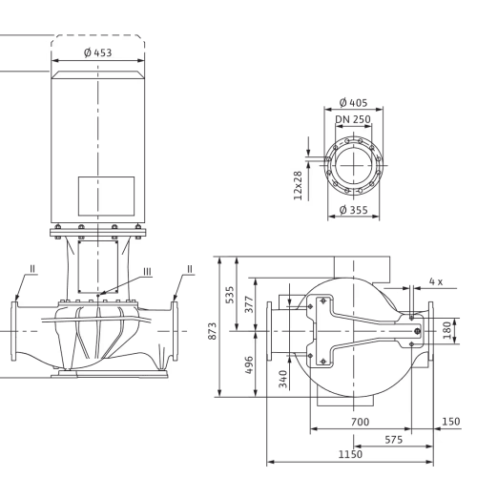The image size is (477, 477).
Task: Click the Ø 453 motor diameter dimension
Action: point(98,52)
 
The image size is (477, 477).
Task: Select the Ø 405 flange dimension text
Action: point(353,103)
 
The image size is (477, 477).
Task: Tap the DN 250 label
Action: point(353,119)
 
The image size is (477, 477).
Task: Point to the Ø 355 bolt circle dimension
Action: point(353,210)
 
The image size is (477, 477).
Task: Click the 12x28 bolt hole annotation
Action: point(298,186)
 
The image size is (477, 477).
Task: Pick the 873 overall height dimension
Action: point(212,331)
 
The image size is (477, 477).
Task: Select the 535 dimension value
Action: point(230,295)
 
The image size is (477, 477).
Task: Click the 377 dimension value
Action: point(249,304)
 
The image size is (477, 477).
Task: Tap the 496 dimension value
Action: point(249,364)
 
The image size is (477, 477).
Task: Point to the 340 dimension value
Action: point(283,379)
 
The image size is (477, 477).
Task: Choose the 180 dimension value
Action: point(447,330)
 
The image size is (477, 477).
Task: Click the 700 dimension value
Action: point(360,422)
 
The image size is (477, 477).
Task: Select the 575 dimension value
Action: point(394,440)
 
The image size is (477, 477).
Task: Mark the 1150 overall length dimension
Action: point(350,454)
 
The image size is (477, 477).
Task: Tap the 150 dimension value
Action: point(451,422)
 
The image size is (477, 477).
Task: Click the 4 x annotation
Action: point(436,281)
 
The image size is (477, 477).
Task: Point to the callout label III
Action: point(147,272)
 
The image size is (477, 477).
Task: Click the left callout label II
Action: point(32,269)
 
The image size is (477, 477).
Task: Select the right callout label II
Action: point(190,269)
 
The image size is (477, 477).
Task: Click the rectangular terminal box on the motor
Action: point(106,197)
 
